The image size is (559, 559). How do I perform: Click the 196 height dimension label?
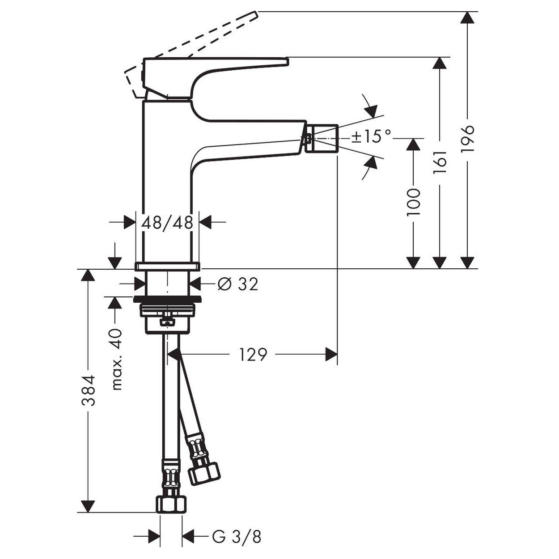(x=467, y=139)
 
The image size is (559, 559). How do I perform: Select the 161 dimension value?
(x=440, y=163)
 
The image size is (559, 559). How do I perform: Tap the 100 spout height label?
(x=413, y=202)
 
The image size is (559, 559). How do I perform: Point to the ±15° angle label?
(x=371, y=136)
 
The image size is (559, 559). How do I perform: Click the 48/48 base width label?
(x=167, y=223)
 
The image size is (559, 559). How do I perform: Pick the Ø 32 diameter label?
(x=237, y=284)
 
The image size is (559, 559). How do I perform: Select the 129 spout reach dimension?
(x=253, y=355)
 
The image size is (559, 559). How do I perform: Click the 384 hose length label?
(x=88, y=390)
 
